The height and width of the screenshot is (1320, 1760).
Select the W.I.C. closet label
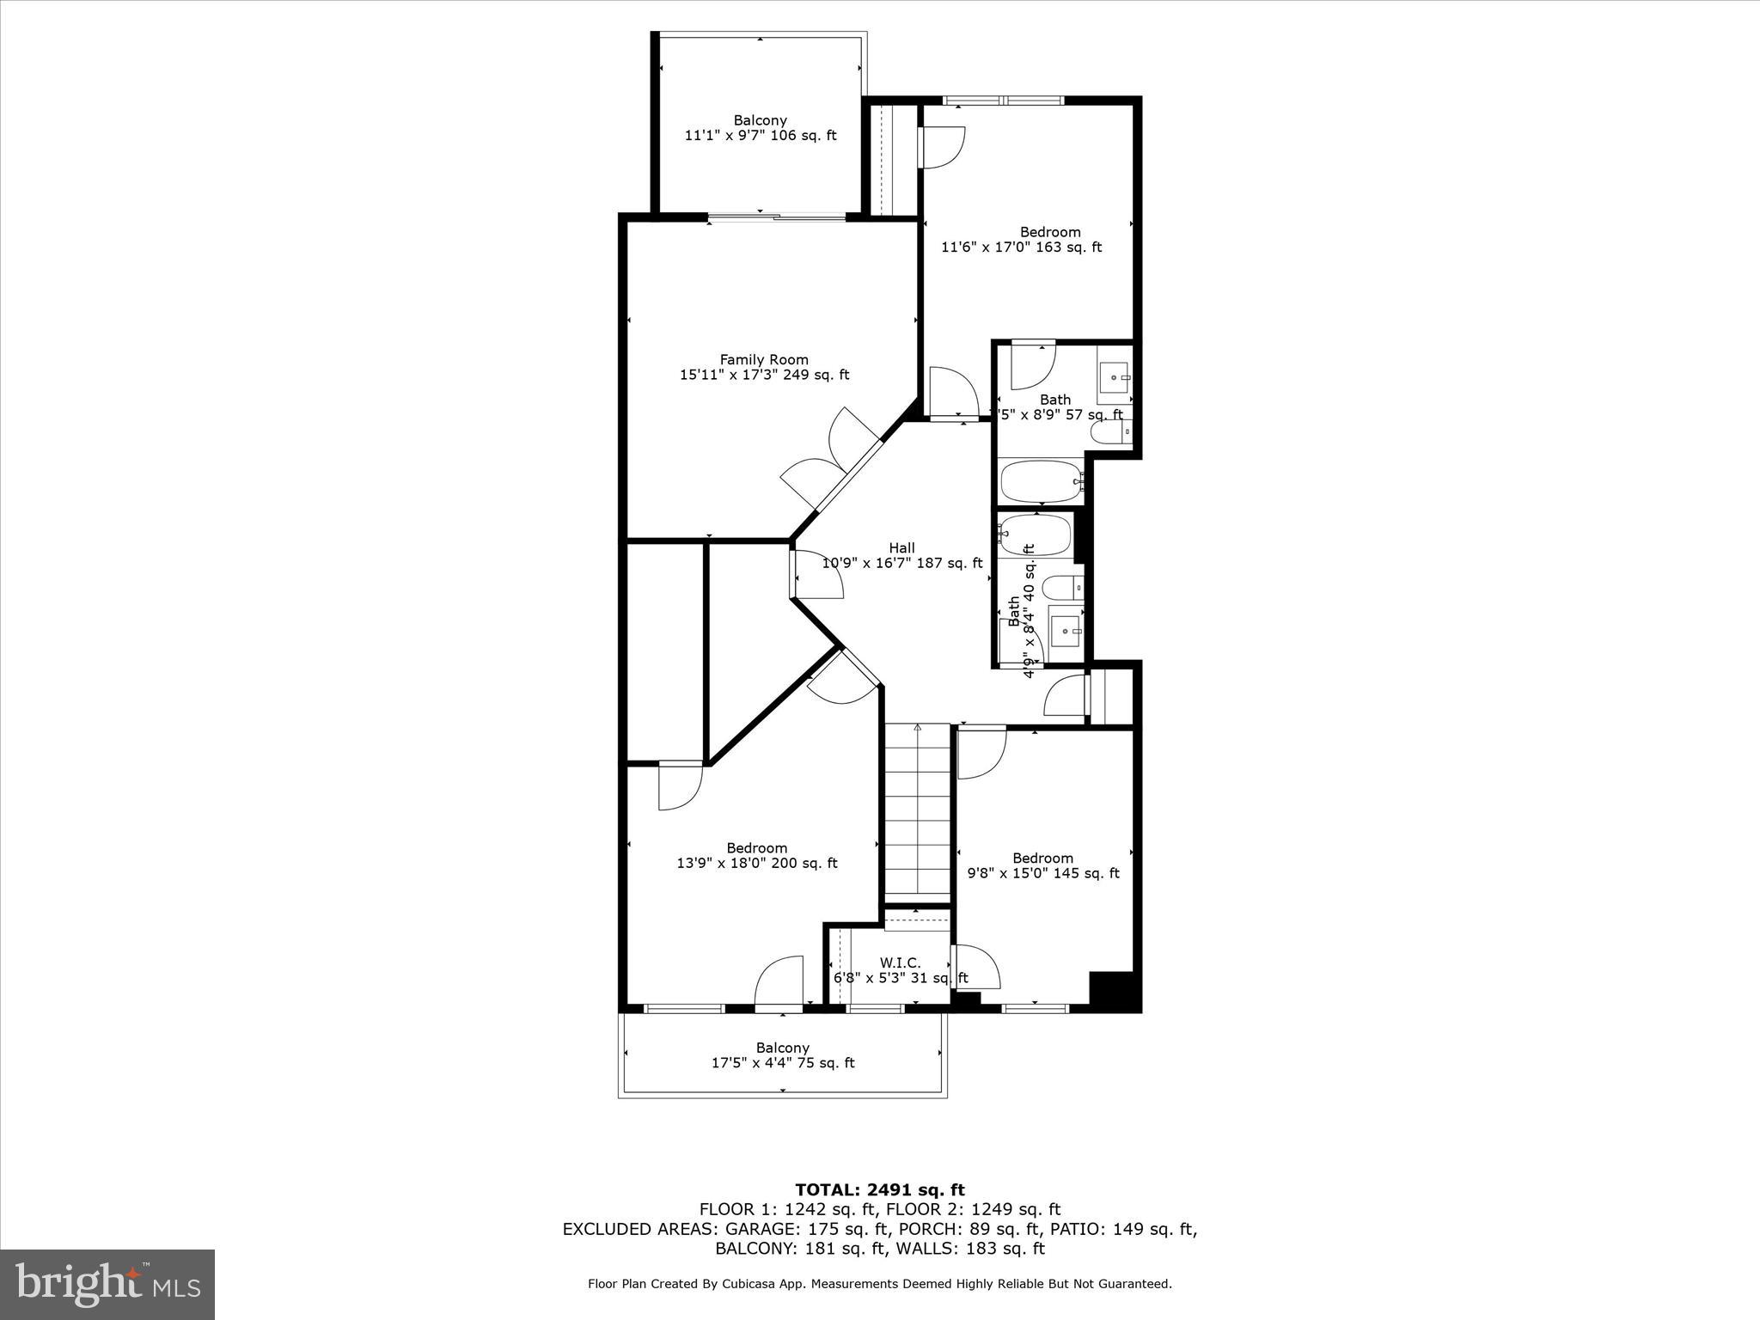(x=900, y=963)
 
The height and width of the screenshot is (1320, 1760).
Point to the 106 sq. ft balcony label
(x=760, y=128)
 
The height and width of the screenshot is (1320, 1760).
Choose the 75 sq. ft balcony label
(x=782, y=1055)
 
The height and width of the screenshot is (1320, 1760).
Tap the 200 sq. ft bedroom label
(x=756, y=856)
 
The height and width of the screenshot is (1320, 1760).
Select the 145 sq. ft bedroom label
(x=1042, y=865)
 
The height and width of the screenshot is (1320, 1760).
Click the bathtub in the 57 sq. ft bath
(x=1041, y=481)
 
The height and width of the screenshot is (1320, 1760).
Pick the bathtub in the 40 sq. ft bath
(x=1036, y=535)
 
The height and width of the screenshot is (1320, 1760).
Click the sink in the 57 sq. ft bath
(x=1115, y=377)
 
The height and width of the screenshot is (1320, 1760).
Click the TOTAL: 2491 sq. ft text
(x=879, y=1190)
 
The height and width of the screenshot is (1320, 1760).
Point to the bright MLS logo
(x=107, y=1284)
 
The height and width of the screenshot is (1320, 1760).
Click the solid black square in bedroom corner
(x=1115, y=990)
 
